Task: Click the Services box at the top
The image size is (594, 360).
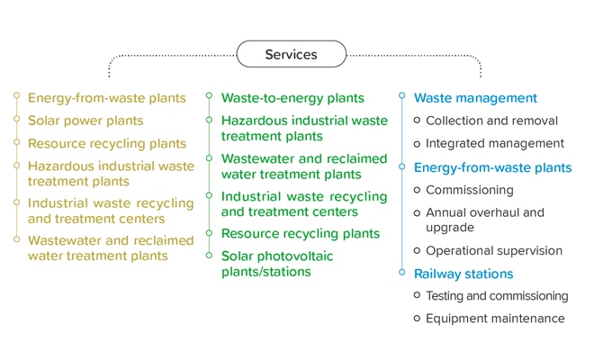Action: pyautogui.click(x=291, y=54)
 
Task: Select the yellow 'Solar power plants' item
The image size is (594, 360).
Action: pyautogui.click(x=85, y=121)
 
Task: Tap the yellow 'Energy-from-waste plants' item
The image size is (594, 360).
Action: pyautogui.click(x=107, y=98)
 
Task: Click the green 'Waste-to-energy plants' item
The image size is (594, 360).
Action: pyautogui.click(x=292, y=98)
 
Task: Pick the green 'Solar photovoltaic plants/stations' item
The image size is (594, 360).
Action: pyautogui.click(x=277, y=264)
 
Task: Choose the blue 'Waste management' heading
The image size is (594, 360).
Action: pyautogui.click(x=475, y=98)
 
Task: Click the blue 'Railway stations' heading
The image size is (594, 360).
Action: pyautogui.click(x=463, y=274)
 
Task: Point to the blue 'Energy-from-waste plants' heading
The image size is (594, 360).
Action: pyautogui.click(x=492, y=167)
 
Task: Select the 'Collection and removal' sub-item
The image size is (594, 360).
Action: pyautogui.click(x=491, y=121)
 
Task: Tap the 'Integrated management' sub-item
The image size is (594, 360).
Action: pyautogui.click(x=495, y=143)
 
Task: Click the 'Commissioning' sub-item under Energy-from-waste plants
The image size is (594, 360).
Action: pyautogui.click(x=470, y=190)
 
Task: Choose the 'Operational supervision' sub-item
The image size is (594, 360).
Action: pyautogui.click(x=494, y=250)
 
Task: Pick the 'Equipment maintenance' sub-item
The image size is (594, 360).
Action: pyautogui.click(x=495, y=319)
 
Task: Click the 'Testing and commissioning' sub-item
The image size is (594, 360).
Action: pyautogui.click(x=497, y=295)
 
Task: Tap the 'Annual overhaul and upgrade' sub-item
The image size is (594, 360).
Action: pyautogui.click(x=485, y=220)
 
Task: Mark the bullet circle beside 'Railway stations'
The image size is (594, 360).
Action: pyautogui.click(x=402, y=272)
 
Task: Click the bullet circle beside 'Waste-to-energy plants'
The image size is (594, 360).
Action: pyautogui.click(x=209, y=95)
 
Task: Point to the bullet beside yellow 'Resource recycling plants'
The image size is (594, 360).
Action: pyautogui.click(x=17, y=142)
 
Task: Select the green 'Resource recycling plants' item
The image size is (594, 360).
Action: pyautogui.click(x=301, y=234)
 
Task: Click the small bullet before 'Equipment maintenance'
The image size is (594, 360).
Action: pyautogui.click(x=417, y=319)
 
